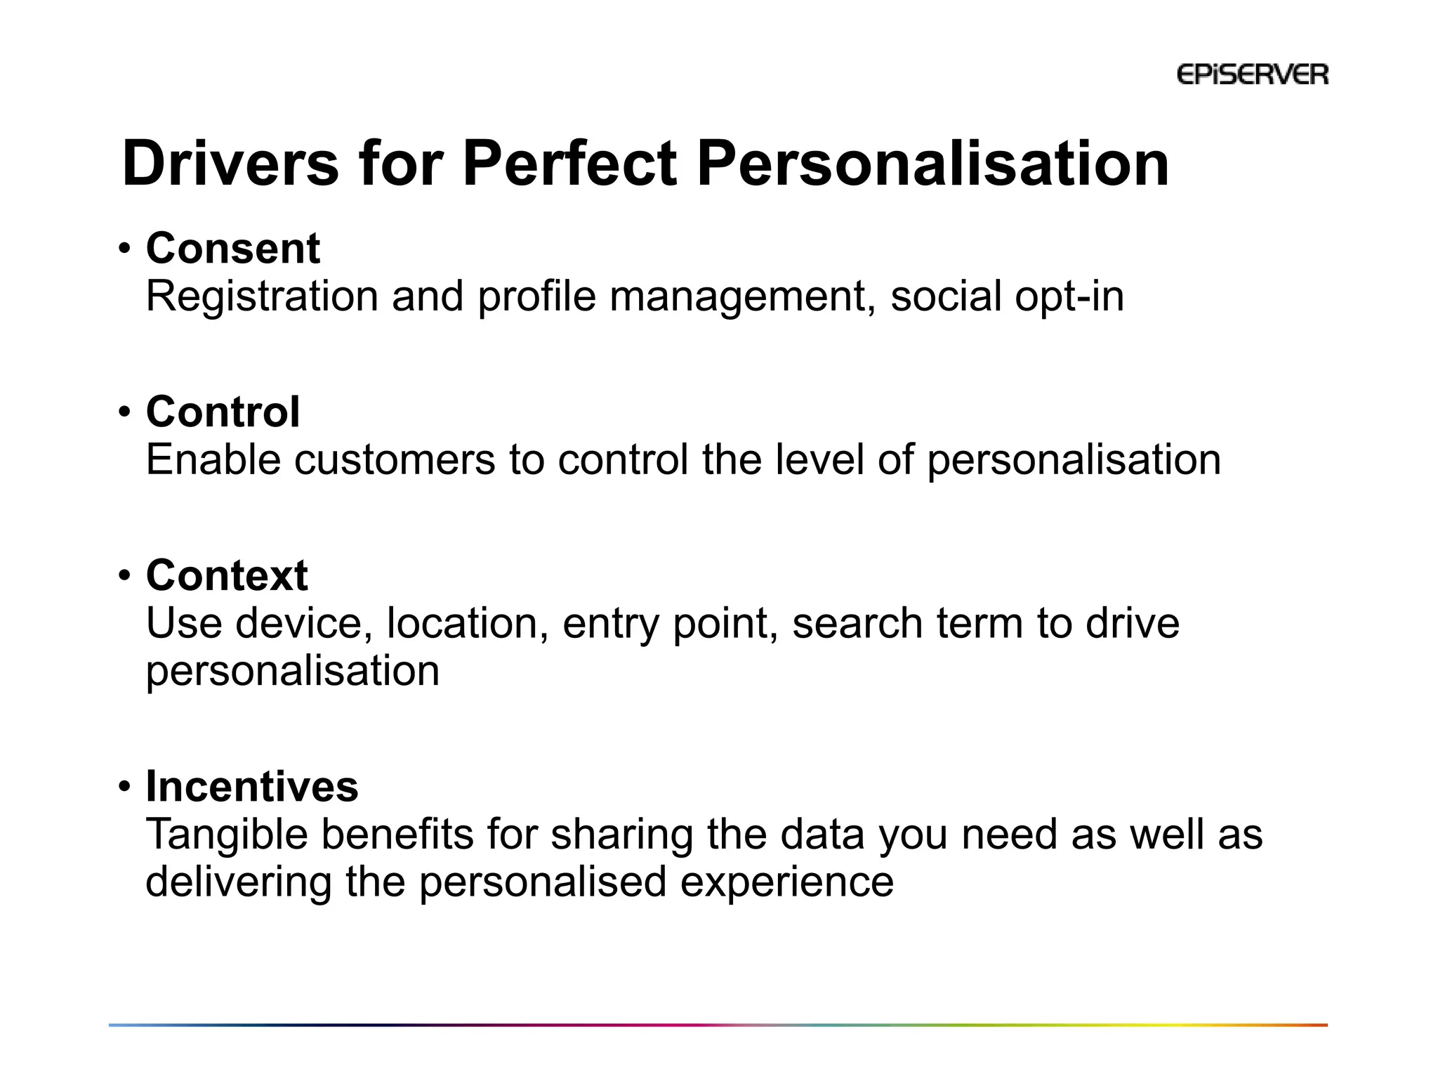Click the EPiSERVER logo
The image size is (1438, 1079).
pyautogui.click(x=1252, y=74)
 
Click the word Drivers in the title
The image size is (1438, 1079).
pyautogui.click(x=230, y=164)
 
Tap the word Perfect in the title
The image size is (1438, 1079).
pyautogui.click(x=569, y=164)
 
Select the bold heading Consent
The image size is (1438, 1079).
pyautogui.click(x=232, y=249)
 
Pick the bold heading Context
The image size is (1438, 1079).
pyautogui.click(x=227, y=575)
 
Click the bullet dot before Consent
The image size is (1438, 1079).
pyautogui.click(x=124, y=249)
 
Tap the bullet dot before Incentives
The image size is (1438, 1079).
pyautogui.click(x=124, y=787)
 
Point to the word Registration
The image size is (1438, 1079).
pyautogui.click(x=262, y=296)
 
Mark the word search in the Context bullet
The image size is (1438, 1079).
pyautogui.click(x=857, y=624)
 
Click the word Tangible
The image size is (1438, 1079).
pyautogui.click(x=227, y=835)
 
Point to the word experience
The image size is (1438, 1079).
pyautogui.click(x=786, y=882)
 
